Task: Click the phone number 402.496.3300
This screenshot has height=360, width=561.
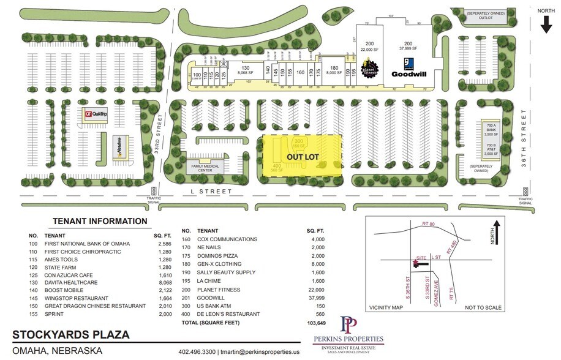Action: click(196, 351)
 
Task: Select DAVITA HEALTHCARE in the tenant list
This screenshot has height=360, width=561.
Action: click(75, 281)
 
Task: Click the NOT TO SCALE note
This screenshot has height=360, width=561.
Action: click(484, 307)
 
